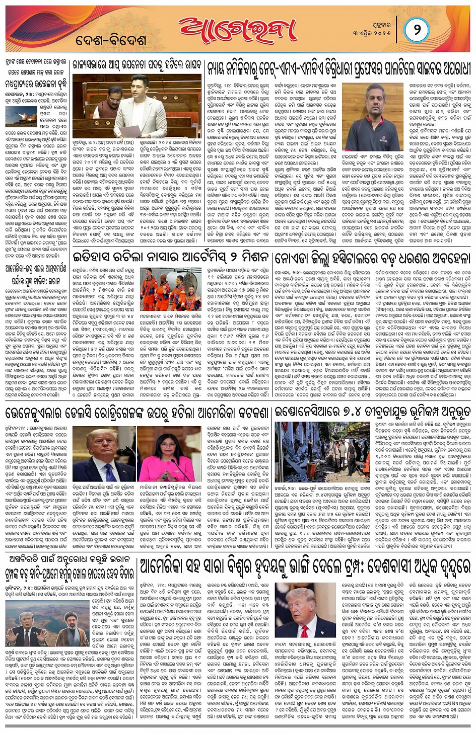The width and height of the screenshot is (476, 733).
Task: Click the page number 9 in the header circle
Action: pyautogui.click(x=417, y=30)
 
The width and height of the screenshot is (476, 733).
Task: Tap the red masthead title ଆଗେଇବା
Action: pyautogui.click(x=240, y=31)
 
